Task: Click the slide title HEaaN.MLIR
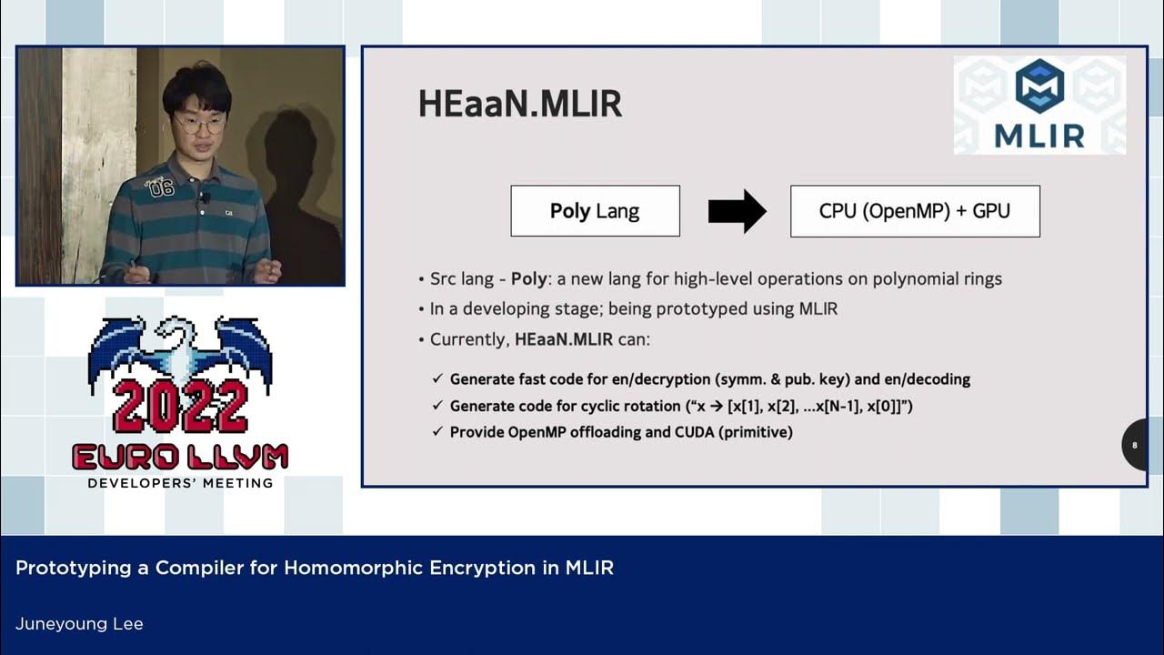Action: (x=519, y=104)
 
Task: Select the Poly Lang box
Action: (x=595, y=211)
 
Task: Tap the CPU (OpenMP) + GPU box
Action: (x=914, y=211)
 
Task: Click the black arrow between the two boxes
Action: (x=737, y=211)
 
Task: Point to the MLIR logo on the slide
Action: (x=1039, y=105)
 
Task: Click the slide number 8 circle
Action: (x=1136, y=445)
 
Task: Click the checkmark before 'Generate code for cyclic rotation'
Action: (x=437, y=406)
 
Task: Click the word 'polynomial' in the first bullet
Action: (x=910, y=279)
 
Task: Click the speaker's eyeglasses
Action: (x=199, y=124)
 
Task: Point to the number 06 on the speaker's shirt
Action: (x=161, y=188)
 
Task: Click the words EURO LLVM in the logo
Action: (x=180, y=457)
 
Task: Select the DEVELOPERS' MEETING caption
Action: (x=180, y=483)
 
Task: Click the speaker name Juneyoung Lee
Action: (x=79, y=624)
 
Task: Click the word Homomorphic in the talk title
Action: (x=343, y=569)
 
